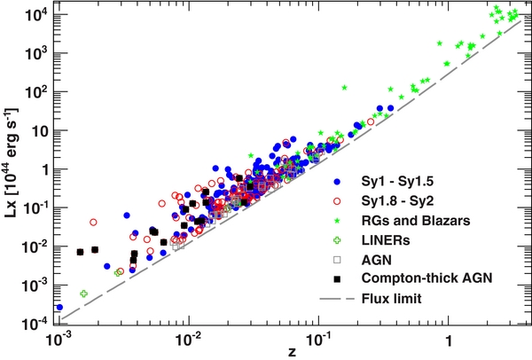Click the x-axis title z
point(293,352)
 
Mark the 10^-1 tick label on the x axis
point(318,340)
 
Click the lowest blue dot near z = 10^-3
point(59,307)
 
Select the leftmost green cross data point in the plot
point(83,293)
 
